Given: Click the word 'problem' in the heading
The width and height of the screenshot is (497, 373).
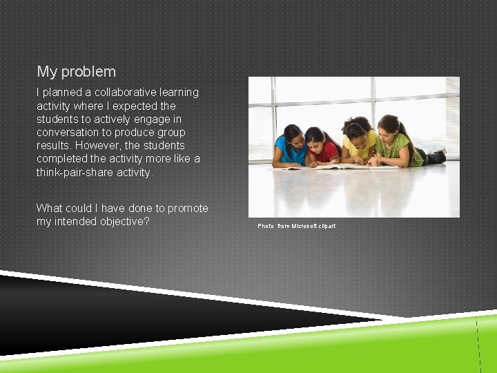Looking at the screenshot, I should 89,72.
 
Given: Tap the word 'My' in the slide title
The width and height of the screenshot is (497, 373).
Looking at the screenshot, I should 47,72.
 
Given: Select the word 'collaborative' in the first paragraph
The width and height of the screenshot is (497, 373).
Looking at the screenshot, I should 124,92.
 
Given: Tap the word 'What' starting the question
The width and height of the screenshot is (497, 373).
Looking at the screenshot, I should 50,208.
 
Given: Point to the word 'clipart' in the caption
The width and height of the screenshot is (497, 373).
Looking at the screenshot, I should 327,226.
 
